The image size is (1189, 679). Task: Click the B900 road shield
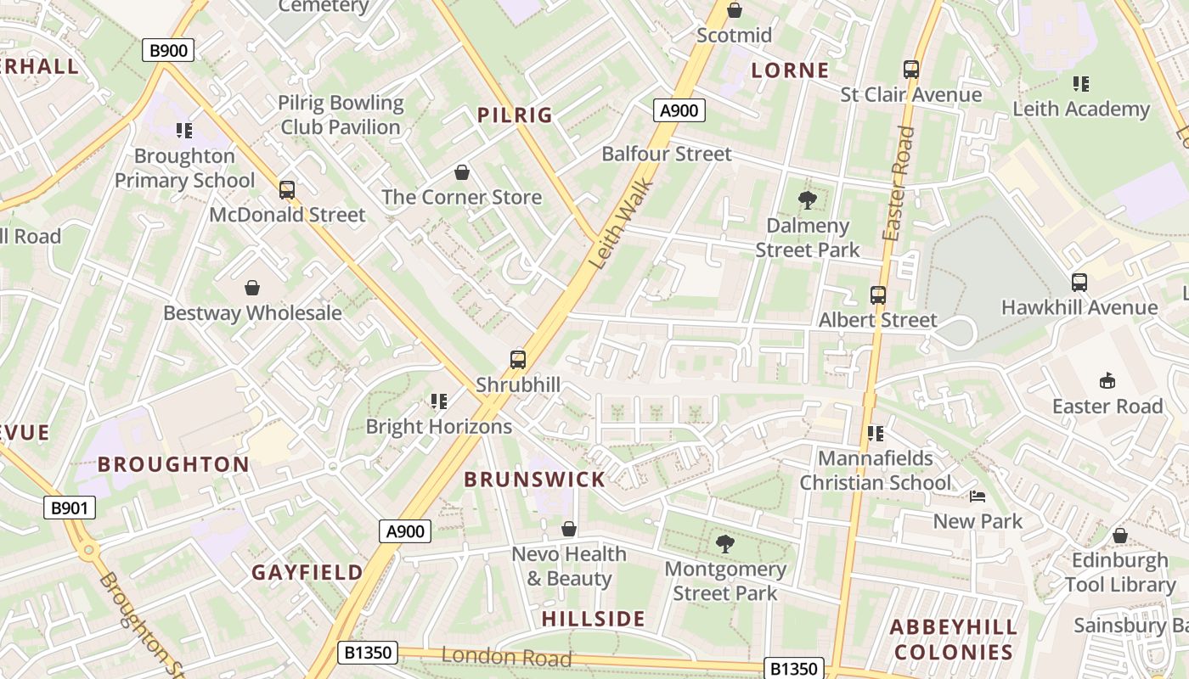168,51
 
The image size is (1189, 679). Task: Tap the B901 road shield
70,508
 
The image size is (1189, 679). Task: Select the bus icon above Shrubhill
518,359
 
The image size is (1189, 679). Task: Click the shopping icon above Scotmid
735,10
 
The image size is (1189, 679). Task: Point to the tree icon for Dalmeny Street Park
808,200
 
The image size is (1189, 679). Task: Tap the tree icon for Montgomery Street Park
724,543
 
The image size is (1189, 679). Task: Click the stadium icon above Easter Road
1107,380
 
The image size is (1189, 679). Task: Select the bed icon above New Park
978,496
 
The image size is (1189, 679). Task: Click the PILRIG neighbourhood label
515,115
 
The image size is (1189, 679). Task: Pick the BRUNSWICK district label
535,480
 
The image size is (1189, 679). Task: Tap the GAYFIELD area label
307,573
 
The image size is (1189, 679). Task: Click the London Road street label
505,656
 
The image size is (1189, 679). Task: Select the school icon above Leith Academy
1080,83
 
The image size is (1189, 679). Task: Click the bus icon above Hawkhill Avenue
1079,282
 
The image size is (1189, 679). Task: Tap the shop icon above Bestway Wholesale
252,288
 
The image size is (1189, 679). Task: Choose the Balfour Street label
666,154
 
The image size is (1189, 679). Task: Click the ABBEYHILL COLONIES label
954,640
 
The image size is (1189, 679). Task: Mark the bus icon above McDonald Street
287,189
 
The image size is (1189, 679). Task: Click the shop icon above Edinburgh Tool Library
1120,536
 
